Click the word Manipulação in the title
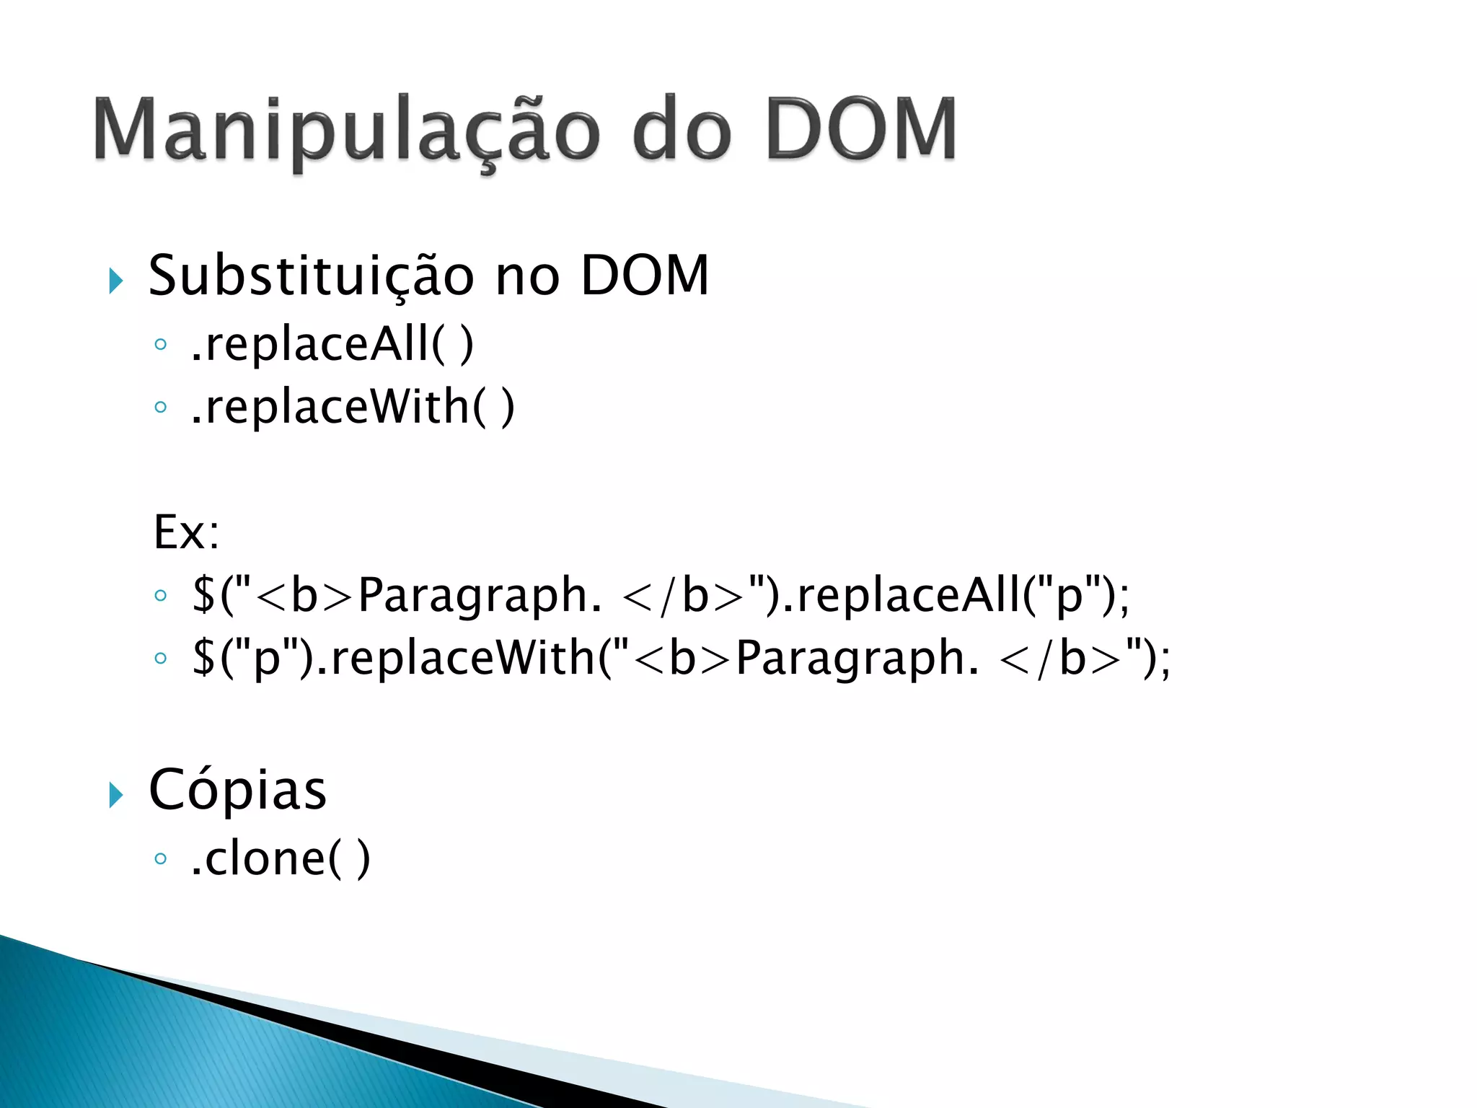tap(346, 130)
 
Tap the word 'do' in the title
tap(681, 130)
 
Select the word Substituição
tap(311, 276)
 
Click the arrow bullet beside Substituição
tap(115, 280)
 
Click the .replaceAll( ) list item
tap(332, 344)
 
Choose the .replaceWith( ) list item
tap(353, 407)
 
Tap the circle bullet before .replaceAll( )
tap(160, 345)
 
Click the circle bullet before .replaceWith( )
tap(160, 408)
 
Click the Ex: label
tap(186, 533)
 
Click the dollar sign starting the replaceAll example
tap(203, 595)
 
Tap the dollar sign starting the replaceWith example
tap(203, 658)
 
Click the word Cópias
tap(237, 791)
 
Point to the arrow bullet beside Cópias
tap(115, 795)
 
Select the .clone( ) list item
tap(281, 858)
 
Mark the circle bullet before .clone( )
tap(160, 858)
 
